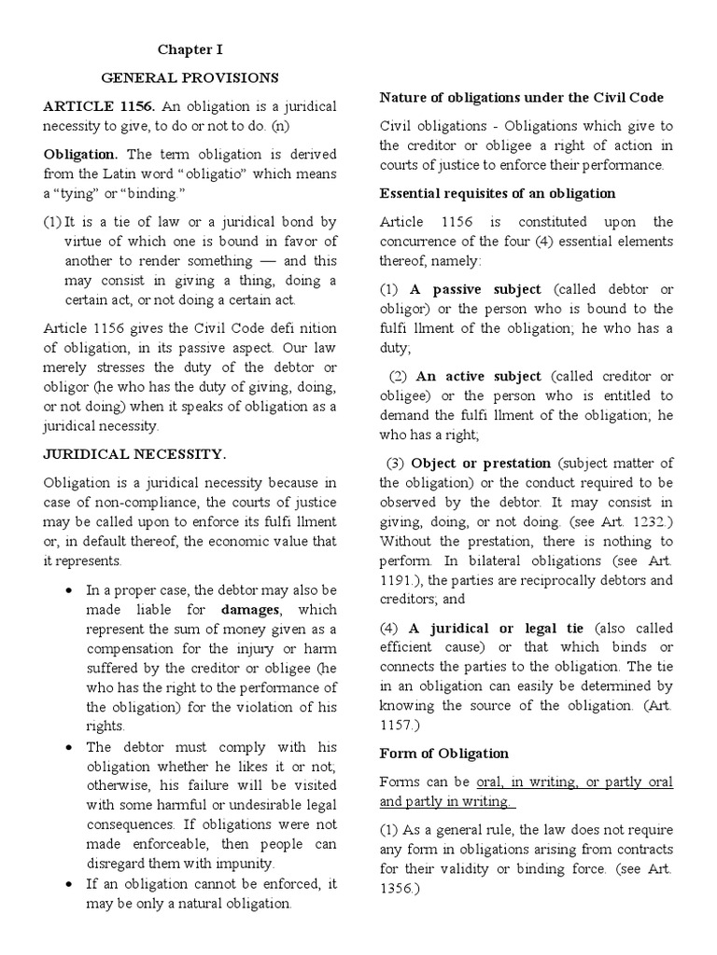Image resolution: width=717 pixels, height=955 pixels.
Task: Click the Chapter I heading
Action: coord(190,49)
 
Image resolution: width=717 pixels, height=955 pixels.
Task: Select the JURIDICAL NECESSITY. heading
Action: coord(134,455)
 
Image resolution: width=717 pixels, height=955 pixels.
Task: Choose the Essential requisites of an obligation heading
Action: coord(497,194)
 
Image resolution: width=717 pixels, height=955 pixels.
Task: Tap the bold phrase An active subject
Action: coord(478,376)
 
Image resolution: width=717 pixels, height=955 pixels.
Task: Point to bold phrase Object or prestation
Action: coord(482,464)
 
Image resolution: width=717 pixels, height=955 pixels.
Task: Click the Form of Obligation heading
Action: coord(443,754)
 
